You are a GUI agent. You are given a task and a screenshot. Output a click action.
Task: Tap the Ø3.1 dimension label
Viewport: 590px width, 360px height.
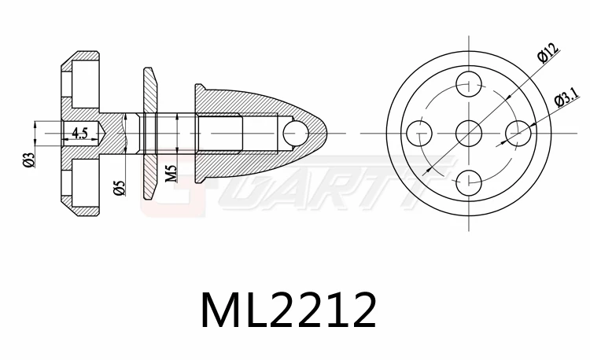pos(566,97)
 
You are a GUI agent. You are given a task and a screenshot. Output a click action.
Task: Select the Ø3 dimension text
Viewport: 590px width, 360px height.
pos(29,160)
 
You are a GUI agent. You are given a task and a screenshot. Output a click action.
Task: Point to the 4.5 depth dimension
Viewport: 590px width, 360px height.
pos(79,133)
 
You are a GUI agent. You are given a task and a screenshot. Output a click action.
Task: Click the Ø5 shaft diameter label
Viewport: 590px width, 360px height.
pos(119,187)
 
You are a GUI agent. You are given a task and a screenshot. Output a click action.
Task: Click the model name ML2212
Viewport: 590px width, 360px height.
pos(288,310)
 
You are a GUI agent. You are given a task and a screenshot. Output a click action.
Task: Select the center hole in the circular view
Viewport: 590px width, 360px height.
pos(469,132)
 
